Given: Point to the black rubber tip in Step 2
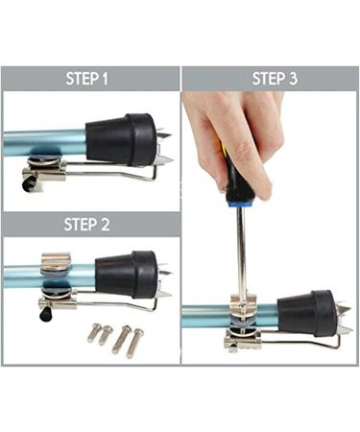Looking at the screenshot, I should pos(125,275).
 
